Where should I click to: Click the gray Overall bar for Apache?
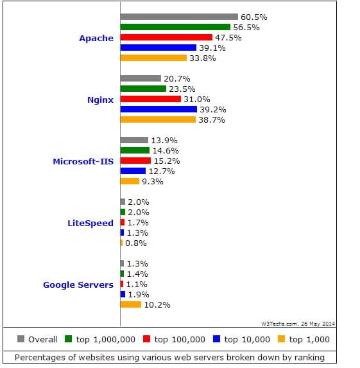(179, 17)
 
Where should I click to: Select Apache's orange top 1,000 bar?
(153, 58)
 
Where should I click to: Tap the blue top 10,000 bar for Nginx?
(159, 109)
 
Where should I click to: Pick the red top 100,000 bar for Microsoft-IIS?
(135, 161)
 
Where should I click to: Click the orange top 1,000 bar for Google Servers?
(131, 304)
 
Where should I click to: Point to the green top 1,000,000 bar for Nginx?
(143, 89)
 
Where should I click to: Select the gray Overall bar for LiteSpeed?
(123, 202)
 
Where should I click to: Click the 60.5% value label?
(253, 17)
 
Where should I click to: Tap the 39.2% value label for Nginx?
(213, 110)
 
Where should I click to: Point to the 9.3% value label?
(153, 182)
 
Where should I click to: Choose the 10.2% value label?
(157, 305)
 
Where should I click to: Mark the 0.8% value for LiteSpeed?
(136, 243)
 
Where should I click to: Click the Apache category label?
(96, 39)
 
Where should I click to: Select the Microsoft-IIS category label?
(83, 161)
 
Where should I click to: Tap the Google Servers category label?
(78, 285)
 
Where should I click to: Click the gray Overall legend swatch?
(21, 339)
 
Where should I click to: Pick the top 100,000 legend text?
(180, 340)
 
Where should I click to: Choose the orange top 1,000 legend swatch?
(281, 339)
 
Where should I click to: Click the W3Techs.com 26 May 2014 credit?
(298, 324)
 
